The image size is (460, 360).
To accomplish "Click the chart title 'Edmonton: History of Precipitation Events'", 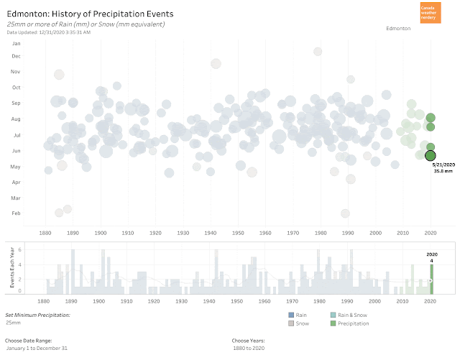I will (90, 14).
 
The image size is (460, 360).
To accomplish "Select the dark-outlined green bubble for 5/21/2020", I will (431, 155).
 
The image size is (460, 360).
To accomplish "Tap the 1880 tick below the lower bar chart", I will (45, 301).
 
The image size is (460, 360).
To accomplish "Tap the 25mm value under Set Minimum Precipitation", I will (14, 323).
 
